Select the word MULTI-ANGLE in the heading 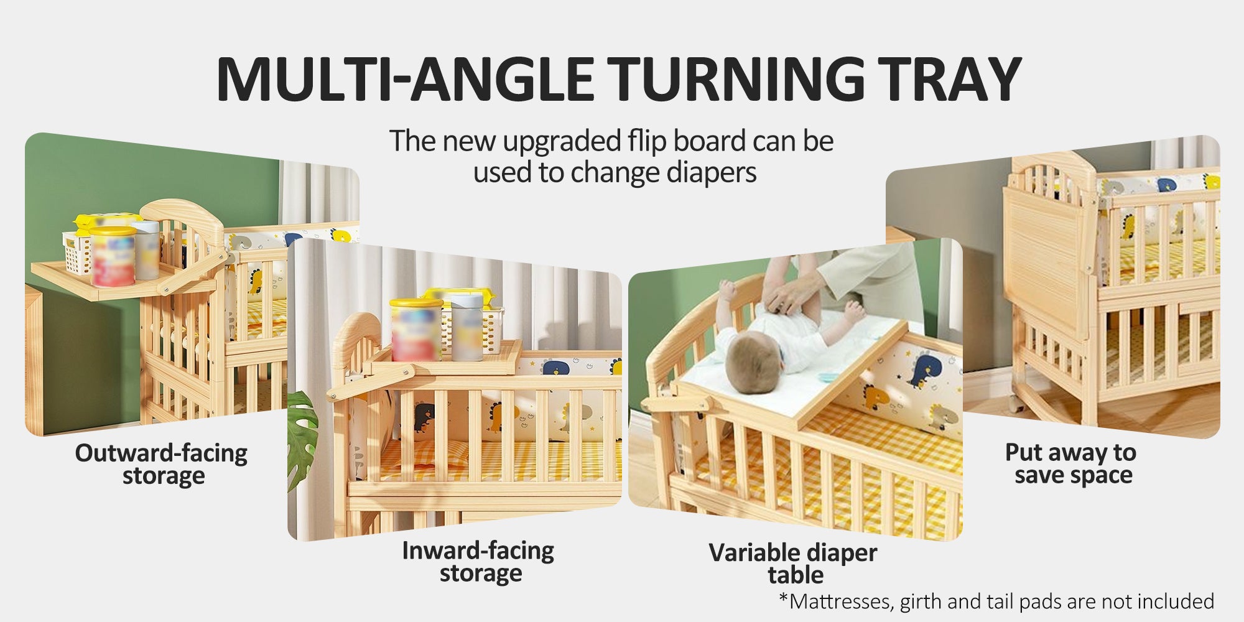click(405, 79)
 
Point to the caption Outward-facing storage click(161, 464)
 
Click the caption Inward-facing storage click(478, 562)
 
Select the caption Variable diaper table click(793, 564)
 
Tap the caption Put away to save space click(1071, 463)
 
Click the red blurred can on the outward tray click(113, 256)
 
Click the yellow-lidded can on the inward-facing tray click(415, 330)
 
